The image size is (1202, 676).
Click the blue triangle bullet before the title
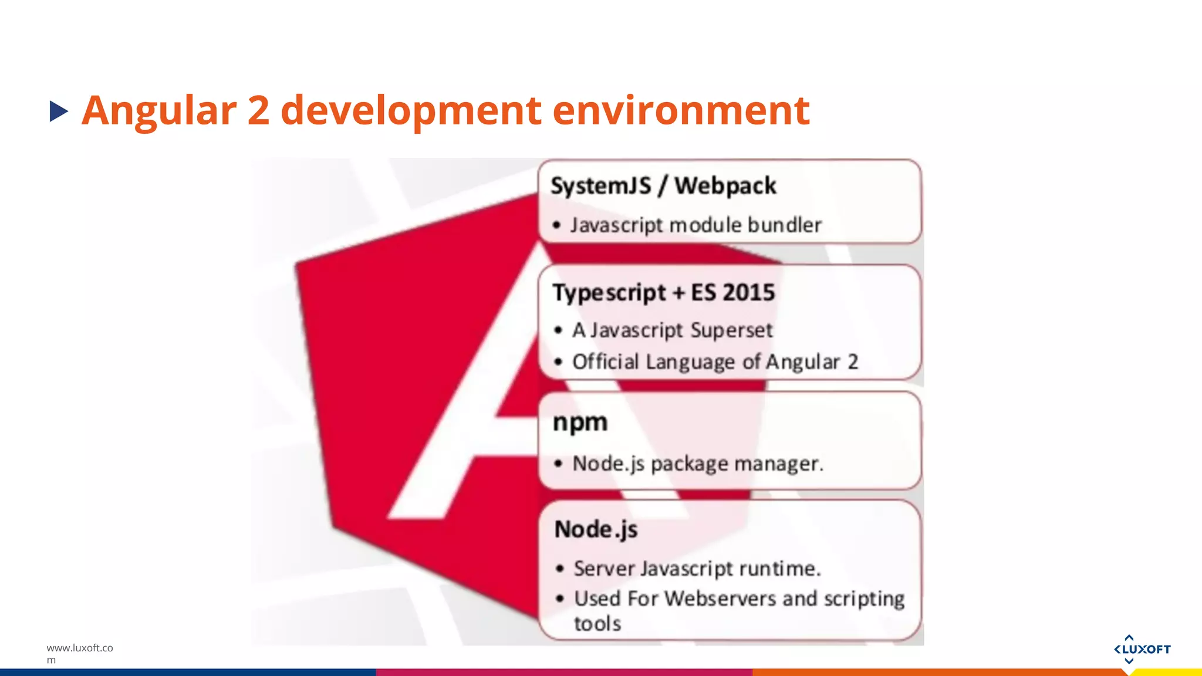(59, 111)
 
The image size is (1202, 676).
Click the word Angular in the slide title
(158, 110)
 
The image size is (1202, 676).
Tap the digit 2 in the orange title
(258, 110)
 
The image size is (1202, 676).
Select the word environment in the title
(681, 110)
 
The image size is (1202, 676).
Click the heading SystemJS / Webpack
(663, 186)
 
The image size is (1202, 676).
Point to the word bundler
(785, 225)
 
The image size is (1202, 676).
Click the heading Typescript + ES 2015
(663, 292)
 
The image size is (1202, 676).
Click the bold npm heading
(580, 422)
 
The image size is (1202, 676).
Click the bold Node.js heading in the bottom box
(596, 529)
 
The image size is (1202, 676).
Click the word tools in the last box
(597, 623)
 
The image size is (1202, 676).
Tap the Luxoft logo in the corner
(1142, 649)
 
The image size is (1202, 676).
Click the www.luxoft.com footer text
(79, 653)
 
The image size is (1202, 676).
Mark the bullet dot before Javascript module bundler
(556, 225)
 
